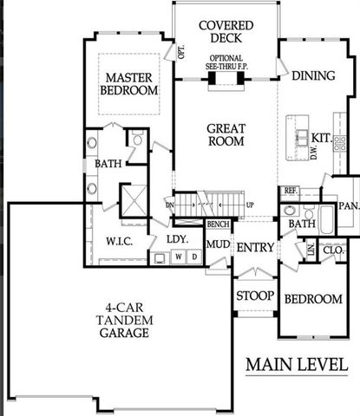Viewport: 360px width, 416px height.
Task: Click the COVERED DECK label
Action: pyautogui.click(x=225, y=31)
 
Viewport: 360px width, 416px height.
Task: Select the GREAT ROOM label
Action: pyautogui.click(x=226, y=135)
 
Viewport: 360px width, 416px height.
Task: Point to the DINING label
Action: pyautogui.click(x=312, y=75)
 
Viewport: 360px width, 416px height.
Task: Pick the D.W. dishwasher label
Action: pyautogui.click(x=312, y=153)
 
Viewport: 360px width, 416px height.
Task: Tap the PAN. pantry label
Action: pyautogui.click(x=349, y=206)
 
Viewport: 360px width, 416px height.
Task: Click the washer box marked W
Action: pyautogui.click(x=177, y=257)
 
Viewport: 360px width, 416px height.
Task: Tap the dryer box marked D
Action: pyautogui.click(x=193, y=257)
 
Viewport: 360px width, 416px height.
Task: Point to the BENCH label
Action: pyautogui.click(x=218, y=224)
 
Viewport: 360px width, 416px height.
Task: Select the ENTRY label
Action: pyautogui.click(x=255, y=248)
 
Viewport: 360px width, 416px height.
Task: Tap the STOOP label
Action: pyautogui.click(x=255, y=296)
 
